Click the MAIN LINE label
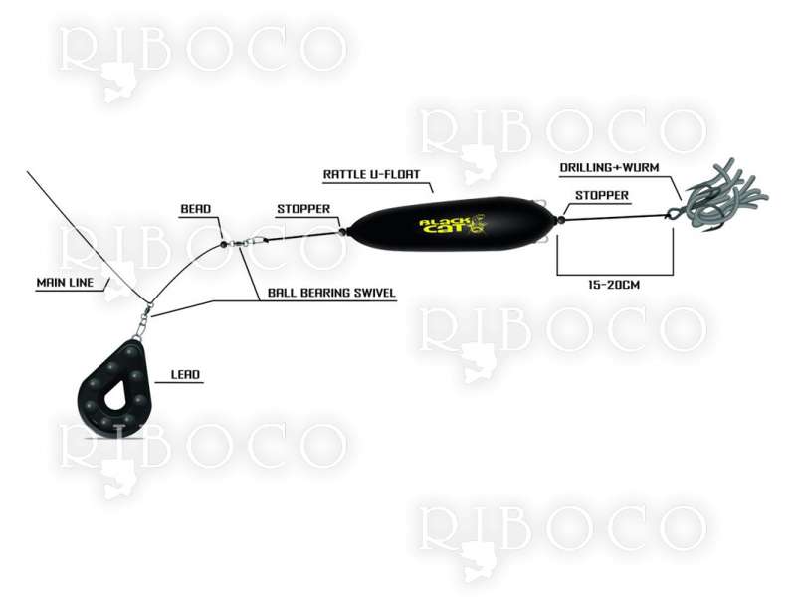point(65,283)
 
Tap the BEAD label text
point(195,209)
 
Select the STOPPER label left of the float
point(303,209)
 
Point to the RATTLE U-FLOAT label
point(371,174)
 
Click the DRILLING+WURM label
point(609,167)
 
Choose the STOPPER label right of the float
point(602,195)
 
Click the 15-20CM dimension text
point(614,285)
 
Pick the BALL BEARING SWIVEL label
point(331,293)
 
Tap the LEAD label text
point(185,375)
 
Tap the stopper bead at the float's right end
point(561,220)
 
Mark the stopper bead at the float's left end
point(342,232)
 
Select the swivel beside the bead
point(246,241)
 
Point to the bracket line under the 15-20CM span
point(615,275)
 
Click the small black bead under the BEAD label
point(223,244)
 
